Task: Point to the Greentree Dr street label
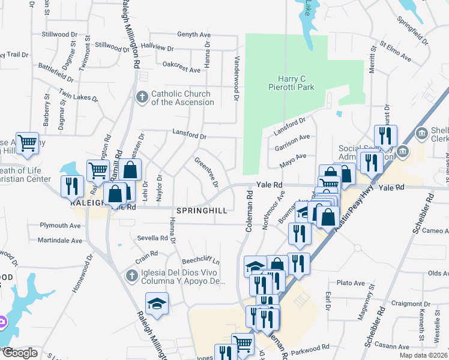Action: pos(205,171)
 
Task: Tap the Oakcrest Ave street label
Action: pos(181,70)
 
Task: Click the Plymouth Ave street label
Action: pos(60,226)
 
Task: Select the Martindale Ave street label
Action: pos(60,240)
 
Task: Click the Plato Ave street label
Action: pos(351,283)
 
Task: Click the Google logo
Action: pos(19,353)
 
